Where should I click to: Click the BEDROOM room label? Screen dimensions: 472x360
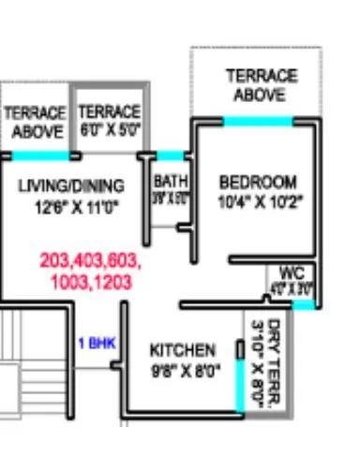click(x=257, y=181)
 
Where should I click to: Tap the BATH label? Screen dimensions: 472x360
click(x=170, y=181)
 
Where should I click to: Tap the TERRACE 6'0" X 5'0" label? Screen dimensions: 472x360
click(x=109, y=121)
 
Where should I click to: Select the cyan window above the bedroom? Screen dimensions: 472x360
click(x=257, y=120)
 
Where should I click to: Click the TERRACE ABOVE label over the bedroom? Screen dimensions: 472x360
click(x=261, y=84)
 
